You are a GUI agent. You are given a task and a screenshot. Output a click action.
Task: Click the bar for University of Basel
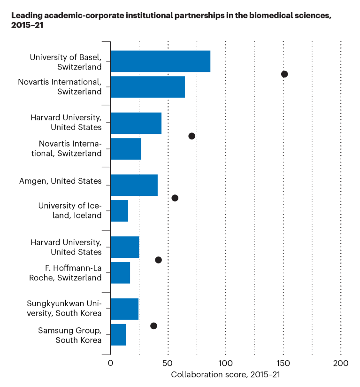pyautogui.click(x=160, y=61)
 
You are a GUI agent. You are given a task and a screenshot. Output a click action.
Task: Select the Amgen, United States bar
pyautogui.click(x=134, y=185)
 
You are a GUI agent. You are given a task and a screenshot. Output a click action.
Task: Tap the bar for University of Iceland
pyautogui.click(x=119, y=210)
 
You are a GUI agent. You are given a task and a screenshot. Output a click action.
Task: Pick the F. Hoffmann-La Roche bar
pyautogui.click(x=120, y=272)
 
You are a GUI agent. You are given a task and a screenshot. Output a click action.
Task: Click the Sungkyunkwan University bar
pyautogui.click(x=124, y=309)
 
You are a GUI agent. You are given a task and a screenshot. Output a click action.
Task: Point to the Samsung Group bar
pyautogui.click(x=118, y=334)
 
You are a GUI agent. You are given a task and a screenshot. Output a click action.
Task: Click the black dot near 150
pyautogui.click(x=284, y=74)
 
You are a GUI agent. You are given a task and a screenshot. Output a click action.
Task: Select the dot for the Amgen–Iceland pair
pyautogui.click(x=175, y=198)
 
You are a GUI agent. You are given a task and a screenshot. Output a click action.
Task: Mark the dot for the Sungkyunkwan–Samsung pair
pyautogui.click(x=153, y=325)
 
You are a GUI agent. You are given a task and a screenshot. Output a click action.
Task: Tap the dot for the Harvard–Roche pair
pyautogui.click(x=158, y=260)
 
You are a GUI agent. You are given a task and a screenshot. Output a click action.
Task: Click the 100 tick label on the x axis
pyautogui.click(x=225, y=364)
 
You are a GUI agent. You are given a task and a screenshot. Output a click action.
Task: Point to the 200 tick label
pyautogui.click(x=340, y=364)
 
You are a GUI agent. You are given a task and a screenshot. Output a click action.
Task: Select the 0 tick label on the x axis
pyautogui.click(x=110, y=364)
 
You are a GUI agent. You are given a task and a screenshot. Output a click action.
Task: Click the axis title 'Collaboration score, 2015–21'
pyautogui.click(x=225, y=375)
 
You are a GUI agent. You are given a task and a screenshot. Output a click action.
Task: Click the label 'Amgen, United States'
pyautogui.click(x=60, y=181)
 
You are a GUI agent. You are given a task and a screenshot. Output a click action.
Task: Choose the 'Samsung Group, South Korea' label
pyautogui.click(x=70, y=335)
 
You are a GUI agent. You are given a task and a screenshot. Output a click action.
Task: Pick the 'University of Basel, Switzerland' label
pyautogui.click(x=66, y=62)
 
